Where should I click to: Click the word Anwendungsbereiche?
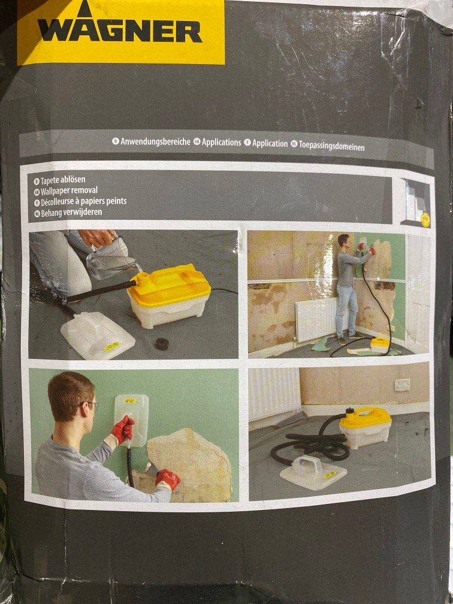click(155, 142)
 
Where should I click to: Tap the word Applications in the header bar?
click(221, 143)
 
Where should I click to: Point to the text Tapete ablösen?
click(63, 180)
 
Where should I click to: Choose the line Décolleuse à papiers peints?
click(84, 201)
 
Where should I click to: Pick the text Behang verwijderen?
click(71, 212)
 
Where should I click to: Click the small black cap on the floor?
click(161, 344)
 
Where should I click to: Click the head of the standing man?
click(343, 241)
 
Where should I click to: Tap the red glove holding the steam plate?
click(122, 430)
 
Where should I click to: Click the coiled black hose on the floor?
click(312, 446)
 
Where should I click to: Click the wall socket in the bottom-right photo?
click(403, 383)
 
